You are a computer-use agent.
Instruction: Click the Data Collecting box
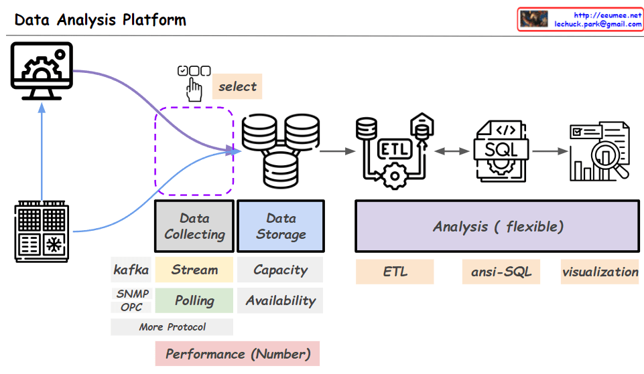tap(194, 226)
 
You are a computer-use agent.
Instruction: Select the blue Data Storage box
tap(280, 226)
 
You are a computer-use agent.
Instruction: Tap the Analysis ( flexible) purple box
tap(497, 226)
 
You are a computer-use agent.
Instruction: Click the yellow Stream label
tap(194, 270)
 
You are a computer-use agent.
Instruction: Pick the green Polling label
tap(194, 300)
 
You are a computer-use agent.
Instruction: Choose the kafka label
tap(131, 270)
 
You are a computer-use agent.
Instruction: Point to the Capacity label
tap(280, 270)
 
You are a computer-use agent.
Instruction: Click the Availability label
tap(280, 300)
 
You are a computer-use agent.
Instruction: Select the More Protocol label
tap(172, 327)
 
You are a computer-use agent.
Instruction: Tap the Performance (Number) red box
tap(237, 353)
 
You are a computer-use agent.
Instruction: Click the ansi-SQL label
tap(501, 272)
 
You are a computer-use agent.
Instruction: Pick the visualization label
tap(600, 272)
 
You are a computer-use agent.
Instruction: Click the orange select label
tap(237, 86)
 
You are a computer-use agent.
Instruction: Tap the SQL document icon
tap(499, 151)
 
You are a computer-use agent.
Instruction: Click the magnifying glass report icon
tap(598, 152)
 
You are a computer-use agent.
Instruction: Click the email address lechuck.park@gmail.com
tap(598, 23)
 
